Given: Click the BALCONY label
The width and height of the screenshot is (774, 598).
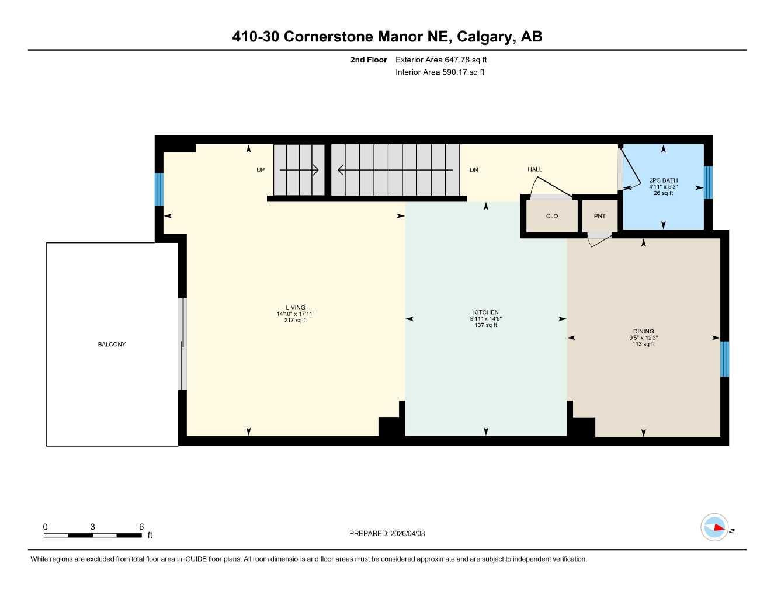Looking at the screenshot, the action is pos(112,344).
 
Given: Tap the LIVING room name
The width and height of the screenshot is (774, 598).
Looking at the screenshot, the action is pos(295,307).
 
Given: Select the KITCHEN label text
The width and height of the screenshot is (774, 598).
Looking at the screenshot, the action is pos(485,312).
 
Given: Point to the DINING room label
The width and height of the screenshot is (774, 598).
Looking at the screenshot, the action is pos(643,331).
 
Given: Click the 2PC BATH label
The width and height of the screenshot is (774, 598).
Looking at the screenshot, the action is pos(663,180).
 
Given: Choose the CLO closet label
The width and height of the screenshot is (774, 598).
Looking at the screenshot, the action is pos(552,216).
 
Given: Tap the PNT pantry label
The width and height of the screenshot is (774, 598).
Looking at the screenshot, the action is pos(599,216).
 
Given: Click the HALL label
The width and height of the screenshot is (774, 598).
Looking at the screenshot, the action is pos(534,169).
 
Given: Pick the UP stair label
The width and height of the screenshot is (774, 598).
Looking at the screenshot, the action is pos(261,170).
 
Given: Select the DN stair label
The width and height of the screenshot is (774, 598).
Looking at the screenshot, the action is pos(474,170).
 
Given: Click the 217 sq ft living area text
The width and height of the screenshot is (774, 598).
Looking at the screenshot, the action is pos(295,321).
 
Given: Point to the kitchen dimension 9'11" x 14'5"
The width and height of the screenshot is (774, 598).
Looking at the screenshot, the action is pos(485,319).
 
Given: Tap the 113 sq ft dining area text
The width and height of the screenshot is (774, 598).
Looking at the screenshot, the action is pos(643,344).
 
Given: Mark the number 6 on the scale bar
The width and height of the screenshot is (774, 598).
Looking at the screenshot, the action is pos(141,526).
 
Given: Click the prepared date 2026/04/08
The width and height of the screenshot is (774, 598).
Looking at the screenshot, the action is pos(408,534).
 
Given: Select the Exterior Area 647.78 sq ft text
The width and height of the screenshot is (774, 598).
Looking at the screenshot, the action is pos(441,60).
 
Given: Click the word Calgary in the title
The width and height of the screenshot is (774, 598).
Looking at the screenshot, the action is pos(485,37).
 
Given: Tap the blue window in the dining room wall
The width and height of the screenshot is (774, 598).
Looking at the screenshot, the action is pos(724,359).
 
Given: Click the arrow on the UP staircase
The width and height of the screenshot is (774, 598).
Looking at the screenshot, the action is pos(299,170).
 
